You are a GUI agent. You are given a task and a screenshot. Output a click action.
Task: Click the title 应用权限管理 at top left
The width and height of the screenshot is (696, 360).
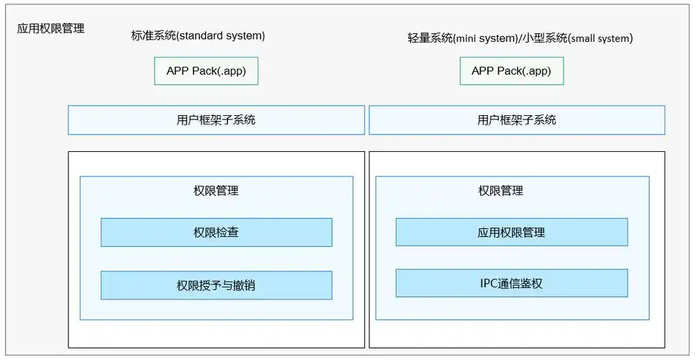click(x=50, y=29)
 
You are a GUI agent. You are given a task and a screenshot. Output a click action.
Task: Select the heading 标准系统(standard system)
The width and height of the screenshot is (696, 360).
click(x=198, y=35)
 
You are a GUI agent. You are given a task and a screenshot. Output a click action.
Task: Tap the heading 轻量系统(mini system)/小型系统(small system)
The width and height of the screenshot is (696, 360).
click(x=520, y=38)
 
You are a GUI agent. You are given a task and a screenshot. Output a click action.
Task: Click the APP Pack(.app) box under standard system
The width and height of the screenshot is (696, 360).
click(x=206, y=71)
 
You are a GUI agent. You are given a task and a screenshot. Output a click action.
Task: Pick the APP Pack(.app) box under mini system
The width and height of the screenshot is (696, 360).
click(x=512, y=71)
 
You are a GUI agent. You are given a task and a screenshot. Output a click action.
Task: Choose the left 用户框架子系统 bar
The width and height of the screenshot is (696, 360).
click(x=216, y=120)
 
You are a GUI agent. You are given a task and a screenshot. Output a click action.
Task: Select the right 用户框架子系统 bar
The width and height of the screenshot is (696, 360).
click(x=517, y=120)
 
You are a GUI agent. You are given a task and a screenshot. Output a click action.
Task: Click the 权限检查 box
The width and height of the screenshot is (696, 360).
click(x=216, y=233)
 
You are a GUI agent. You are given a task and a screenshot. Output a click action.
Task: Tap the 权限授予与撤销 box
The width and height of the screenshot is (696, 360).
click(x=216, y=285)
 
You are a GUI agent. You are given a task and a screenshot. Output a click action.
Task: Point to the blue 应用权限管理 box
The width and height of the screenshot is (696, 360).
click(x=511, y=233)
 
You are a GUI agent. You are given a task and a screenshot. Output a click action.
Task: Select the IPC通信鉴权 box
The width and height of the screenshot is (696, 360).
click(x=511, y=283)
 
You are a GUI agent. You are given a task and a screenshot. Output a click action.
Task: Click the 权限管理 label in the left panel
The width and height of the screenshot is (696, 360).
click(x=216, y=191)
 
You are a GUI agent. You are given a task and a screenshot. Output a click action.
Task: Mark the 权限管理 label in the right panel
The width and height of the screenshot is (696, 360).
click(x=501, y=191)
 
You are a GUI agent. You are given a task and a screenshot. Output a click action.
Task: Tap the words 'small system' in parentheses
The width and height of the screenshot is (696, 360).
click(x=600, y=39)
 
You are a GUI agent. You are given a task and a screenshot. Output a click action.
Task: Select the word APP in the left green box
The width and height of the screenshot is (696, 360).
click(x=178, y=71)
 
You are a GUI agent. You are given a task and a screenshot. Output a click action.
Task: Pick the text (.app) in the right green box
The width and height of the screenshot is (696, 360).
click(x=535, y=71)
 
